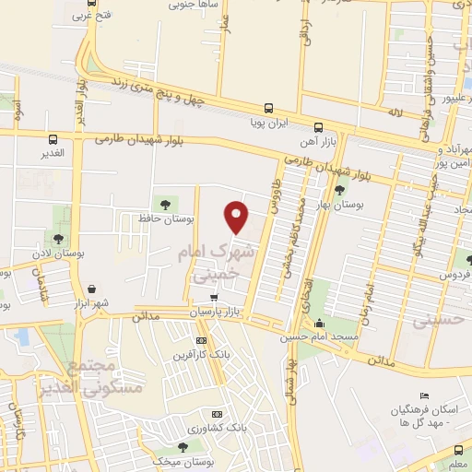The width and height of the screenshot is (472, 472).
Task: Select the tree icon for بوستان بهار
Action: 339,190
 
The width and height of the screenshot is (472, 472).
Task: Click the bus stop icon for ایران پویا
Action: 268,108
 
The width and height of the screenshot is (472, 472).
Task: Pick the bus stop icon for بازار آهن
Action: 318,127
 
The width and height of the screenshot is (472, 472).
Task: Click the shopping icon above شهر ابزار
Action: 91,289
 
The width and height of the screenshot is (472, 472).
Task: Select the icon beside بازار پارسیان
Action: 215,298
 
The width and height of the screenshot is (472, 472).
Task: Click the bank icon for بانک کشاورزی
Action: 217,414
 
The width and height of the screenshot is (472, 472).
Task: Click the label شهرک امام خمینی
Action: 212,263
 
